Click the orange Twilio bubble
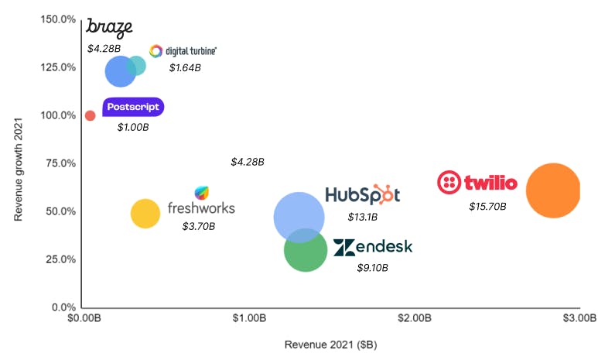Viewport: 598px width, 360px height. (x=552, y=190)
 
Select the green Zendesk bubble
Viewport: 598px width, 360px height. (x=306, y=249)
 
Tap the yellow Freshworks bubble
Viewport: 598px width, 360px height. (x=145, y=213)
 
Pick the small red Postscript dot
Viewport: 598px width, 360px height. (x=90, y=115)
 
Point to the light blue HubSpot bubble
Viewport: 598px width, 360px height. (x=299, y=216)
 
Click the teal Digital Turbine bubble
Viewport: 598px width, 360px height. (x=137, y=66)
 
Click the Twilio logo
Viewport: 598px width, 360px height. (x=477, y=183)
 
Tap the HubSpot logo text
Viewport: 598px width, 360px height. (x=362, y=194)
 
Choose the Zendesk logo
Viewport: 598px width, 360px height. (x=373, y=247)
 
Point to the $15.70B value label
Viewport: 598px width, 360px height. (x=487, y=207)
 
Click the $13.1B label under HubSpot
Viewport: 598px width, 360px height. (x=362, y=217)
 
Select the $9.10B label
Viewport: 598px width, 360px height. (x=372, y=268)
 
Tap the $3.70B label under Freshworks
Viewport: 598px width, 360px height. (x=199, y=226)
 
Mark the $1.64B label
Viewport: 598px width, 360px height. (x=185, y=67)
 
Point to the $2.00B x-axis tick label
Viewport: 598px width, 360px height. (x=414, y=318)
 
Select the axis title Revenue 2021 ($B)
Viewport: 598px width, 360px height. (x=330, y=345)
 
